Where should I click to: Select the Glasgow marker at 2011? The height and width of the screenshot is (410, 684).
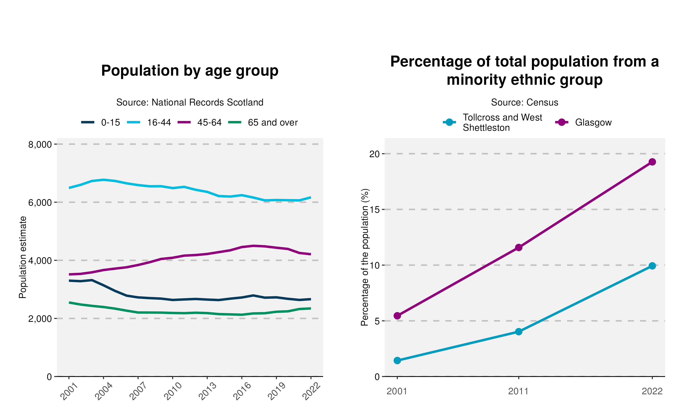tap(519, 247)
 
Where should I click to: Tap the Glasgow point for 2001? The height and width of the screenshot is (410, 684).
tap(397, 315)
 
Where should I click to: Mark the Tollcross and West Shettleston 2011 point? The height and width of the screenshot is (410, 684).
tap(519, 332)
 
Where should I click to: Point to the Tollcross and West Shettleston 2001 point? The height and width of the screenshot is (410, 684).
tap(397, 360)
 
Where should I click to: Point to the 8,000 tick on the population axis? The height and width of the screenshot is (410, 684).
tap(40, 144)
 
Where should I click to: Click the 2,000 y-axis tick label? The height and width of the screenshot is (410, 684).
tap(40, 319)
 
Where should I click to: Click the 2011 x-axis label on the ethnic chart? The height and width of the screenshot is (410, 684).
tap(518, 391)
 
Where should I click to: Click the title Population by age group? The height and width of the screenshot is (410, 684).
tap(190, 71)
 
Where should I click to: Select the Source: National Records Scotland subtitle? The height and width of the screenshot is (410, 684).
tap(190, 102)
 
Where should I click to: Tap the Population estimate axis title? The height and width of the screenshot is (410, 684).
tap(23, 257)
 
